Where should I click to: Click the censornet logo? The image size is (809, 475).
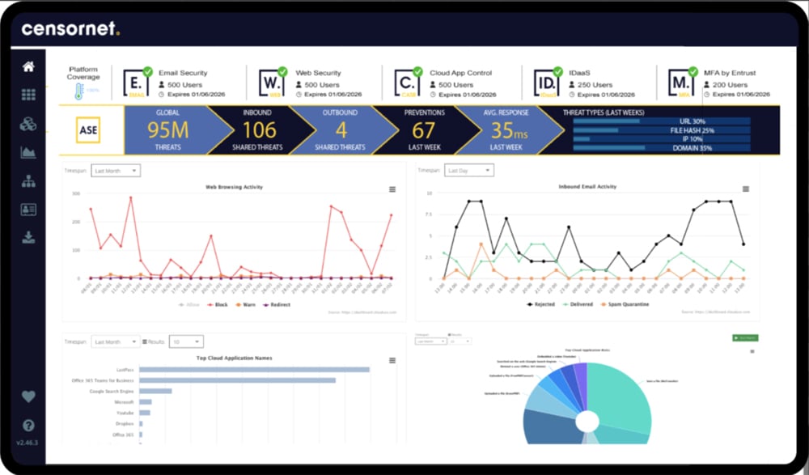[x=70, y=29]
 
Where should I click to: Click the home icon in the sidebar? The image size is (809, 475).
[x=28, y=66]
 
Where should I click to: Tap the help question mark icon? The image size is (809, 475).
[x=28, y=425]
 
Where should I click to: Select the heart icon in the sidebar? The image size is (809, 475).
[x=28, y=397]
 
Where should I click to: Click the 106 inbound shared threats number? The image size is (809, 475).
[x=259, y=129]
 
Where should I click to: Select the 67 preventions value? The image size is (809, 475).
[x=424, y=129]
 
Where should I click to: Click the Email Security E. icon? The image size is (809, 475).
[x=135, y=83]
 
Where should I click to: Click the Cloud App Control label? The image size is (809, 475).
[x=463, y=73]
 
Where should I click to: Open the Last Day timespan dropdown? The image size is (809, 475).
[x=469, y=171]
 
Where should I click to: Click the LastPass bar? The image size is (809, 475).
[x=254, y=370]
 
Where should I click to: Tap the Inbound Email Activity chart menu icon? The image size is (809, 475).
[x=745, y=189]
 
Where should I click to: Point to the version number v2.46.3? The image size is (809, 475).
[x=28, y=443]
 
